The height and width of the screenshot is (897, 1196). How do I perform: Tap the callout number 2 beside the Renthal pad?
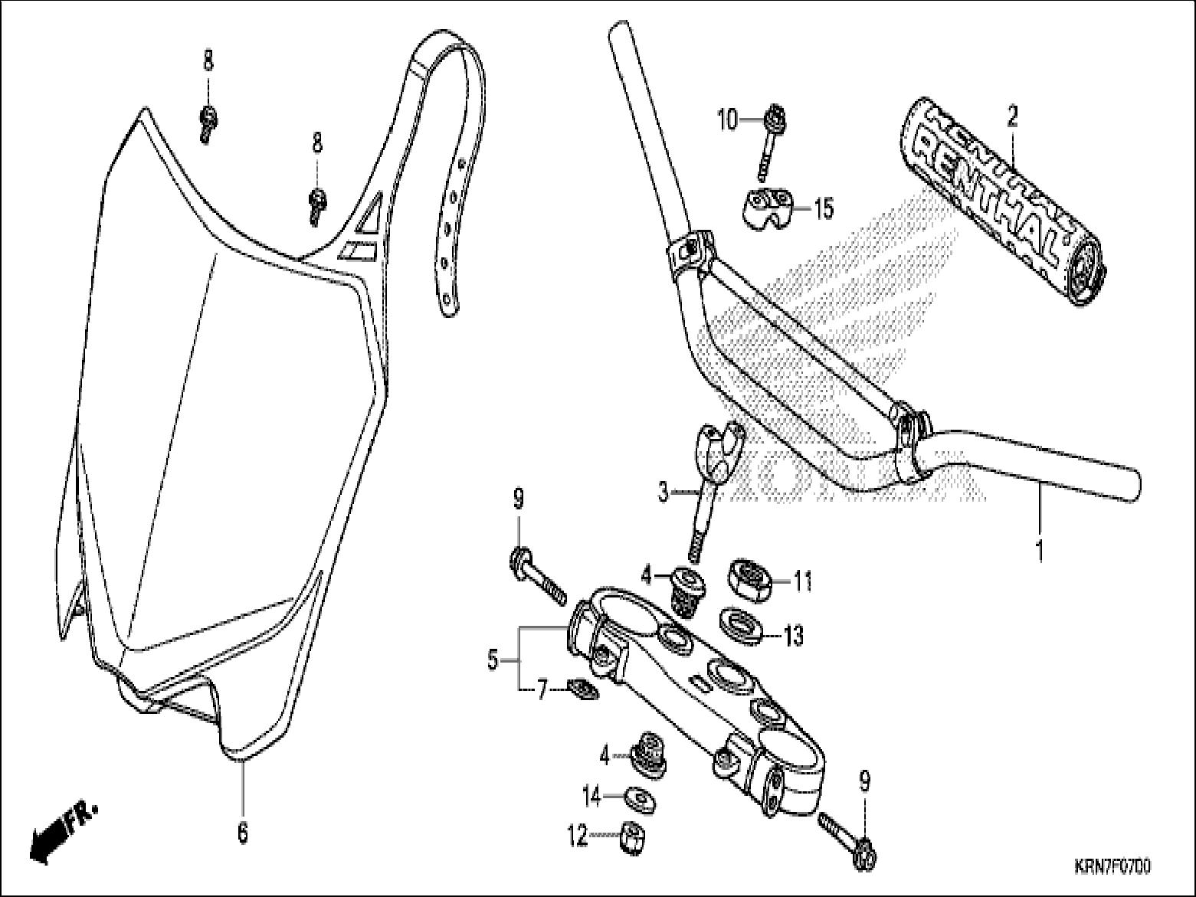point(1012,117)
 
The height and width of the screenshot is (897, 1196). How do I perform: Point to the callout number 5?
point(493,658)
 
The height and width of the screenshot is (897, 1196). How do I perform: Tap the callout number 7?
point(542,692)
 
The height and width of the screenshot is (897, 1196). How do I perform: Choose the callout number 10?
point(726,119)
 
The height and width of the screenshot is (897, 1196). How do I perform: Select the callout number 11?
point(802,582)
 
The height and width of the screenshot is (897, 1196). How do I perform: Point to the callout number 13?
point(793,635)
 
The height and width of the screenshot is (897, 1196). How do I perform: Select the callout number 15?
point(824,208)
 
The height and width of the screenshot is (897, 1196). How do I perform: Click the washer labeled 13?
point(739,623)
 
